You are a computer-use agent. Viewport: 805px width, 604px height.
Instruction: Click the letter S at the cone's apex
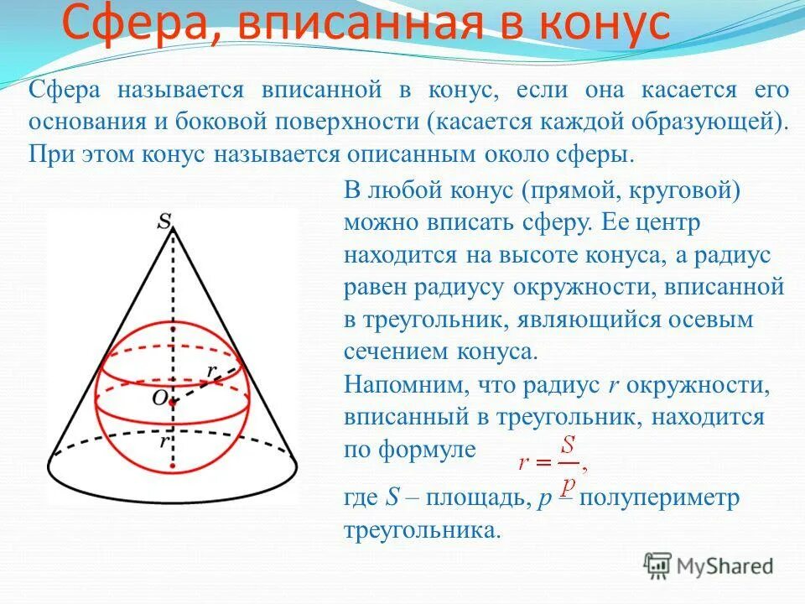click(x=166, y=221)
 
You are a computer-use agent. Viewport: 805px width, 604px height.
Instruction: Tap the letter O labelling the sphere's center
click(x=158, y=398)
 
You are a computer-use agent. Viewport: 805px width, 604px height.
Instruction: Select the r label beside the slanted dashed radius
click(x=213, y=370)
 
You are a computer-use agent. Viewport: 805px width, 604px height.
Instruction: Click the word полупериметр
click(x=650, y=497)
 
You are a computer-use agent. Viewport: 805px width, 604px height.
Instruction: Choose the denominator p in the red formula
click(x=568, y=481)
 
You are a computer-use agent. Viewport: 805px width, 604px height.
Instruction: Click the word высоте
click(x=586, y=255)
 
